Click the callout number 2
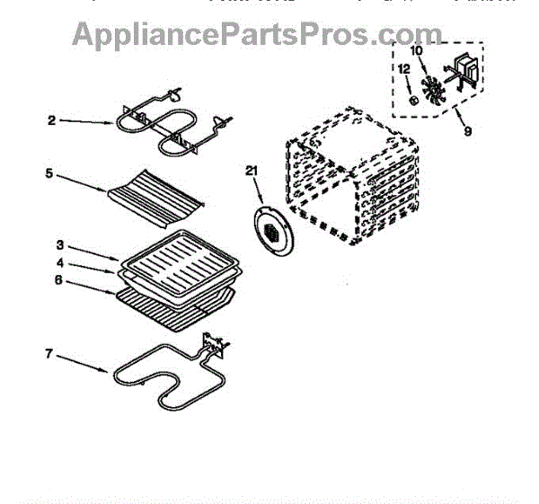pyautogui.click(x=52, y=119)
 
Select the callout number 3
pyautogui.click(x=60, y=244)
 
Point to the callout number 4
pyautogui.click(x=60, y=262)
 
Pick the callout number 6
pyautogui.click(x=60, y=279)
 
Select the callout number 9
pyautogui.click(x=466, y=134)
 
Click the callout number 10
pyautogui.click(x=417, y=50)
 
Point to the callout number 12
pyautogui.click(x=404, y=68)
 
